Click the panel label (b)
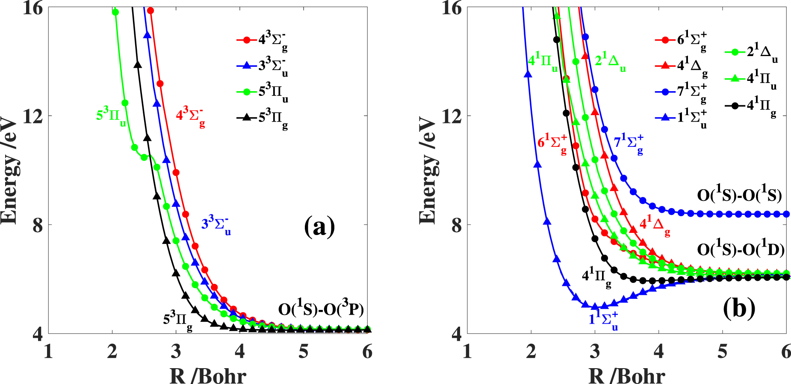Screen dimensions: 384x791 point(739,308)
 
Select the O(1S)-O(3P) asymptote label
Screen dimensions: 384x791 point(321,309)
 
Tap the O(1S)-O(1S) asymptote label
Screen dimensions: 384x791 point(739,195)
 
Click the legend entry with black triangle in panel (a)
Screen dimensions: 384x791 point(262,117)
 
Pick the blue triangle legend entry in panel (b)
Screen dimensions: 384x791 point(680,117)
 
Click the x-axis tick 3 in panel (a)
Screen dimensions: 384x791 point(176,352)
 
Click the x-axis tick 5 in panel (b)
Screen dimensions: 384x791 point(723,352)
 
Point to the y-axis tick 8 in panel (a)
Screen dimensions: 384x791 point(38,225)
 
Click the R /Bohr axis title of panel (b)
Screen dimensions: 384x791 point(626,375)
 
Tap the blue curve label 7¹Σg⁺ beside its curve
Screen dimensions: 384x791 point(629,143)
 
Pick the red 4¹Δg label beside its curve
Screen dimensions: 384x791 point(654,226)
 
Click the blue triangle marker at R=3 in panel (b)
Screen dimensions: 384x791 point(595,307)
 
